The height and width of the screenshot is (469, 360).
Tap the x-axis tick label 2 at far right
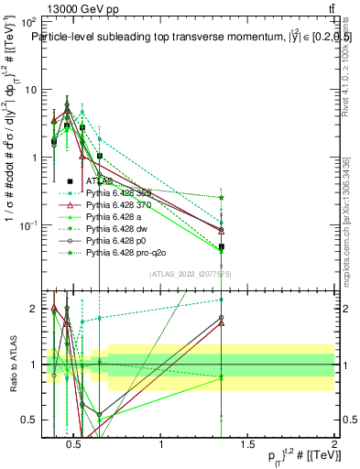(333, 446)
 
